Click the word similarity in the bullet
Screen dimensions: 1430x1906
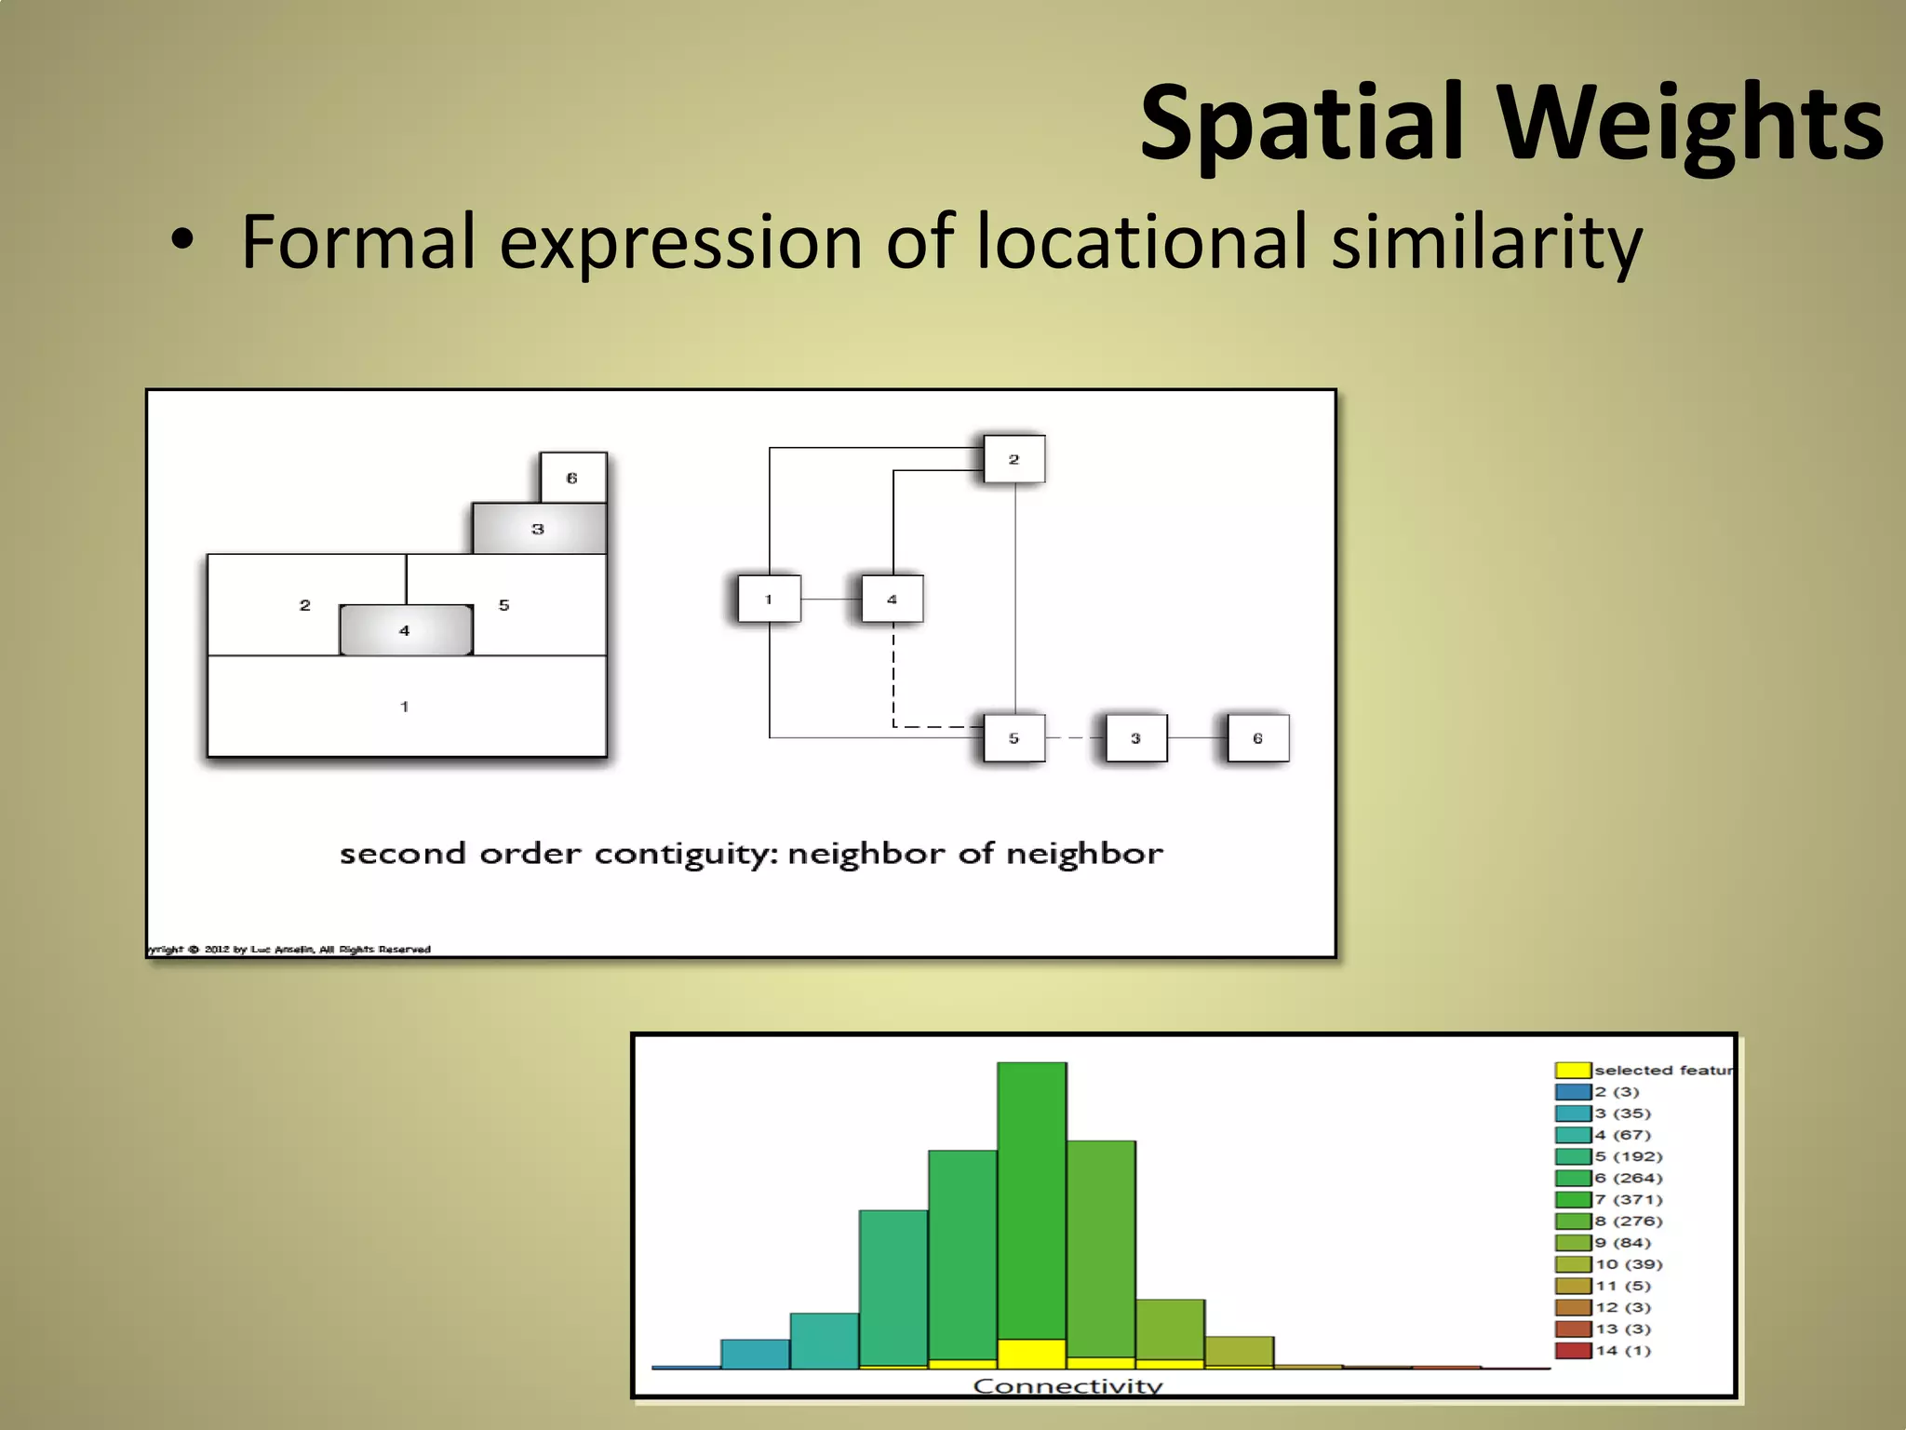point(1486,242)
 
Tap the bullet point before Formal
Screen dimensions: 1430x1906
point(182,240)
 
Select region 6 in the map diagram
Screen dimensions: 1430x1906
point(572,478)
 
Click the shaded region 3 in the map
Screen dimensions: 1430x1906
point(538,529)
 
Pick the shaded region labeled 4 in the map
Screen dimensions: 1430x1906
point(405,630)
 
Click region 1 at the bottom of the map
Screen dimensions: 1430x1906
point(405,707)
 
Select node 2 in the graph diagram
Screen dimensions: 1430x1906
point(1013,459)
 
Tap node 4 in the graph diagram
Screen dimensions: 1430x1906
point(892,599)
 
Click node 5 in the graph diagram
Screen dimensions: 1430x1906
point(1013,738)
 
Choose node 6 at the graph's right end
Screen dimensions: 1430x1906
point(1257,738)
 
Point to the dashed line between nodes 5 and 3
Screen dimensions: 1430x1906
point(1075,738)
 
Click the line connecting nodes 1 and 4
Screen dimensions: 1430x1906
point(830,599)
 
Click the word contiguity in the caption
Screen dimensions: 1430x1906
point(684,854)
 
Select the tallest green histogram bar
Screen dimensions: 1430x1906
point(1031,1201)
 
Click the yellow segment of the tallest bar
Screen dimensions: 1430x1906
point(1031,1354)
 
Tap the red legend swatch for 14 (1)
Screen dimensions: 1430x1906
point(1573,1351)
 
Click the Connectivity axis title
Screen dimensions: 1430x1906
point(1067,1385)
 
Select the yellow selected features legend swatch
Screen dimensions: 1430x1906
point(1573,1071)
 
